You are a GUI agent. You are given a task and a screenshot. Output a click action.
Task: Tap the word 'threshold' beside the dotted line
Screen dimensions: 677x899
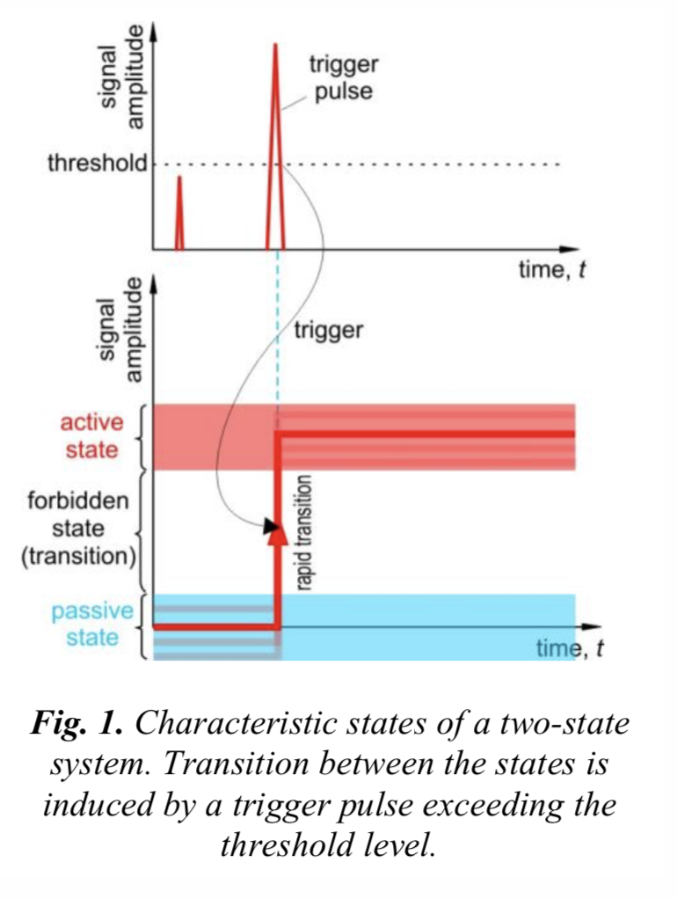(96, 164)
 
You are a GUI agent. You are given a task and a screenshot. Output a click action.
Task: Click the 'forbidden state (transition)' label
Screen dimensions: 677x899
(77, 529)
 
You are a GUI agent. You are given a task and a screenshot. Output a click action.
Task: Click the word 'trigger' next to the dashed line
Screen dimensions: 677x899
(328, 331)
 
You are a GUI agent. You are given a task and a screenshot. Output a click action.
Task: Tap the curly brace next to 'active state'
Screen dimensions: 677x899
(143, 437)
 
